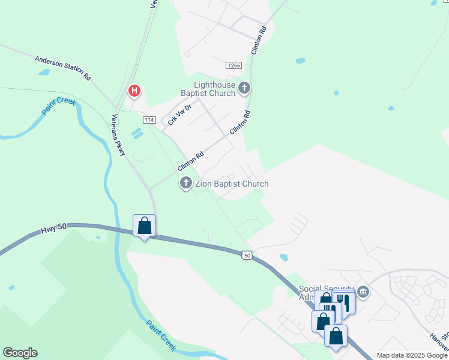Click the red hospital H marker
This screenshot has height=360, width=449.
[134, 91]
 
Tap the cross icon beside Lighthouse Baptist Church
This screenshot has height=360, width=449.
[244, 89]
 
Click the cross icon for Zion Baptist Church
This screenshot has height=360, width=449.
[186, 184]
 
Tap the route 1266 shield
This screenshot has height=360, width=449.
[234, 65]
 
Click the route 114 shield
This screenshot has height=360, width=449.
[149, 120]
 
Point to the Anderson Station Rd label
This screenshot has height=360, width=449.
[62, 68]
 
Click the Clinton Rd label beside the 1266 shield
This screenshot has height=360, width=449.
[259, 41]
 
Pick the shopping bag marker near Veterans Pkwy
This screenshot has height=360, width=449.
[144, 226]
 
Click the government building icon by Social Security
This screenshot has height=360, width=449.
[363, 292]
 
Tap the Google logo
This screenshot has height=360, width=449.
[20, 353]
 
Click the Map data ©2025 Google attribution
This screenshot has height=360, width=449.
[412, 355]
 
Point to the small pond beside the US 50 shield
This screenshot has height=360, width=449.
[283, 257]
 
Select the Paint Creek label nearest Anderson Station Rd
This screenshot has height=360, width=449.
[59, 106]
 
